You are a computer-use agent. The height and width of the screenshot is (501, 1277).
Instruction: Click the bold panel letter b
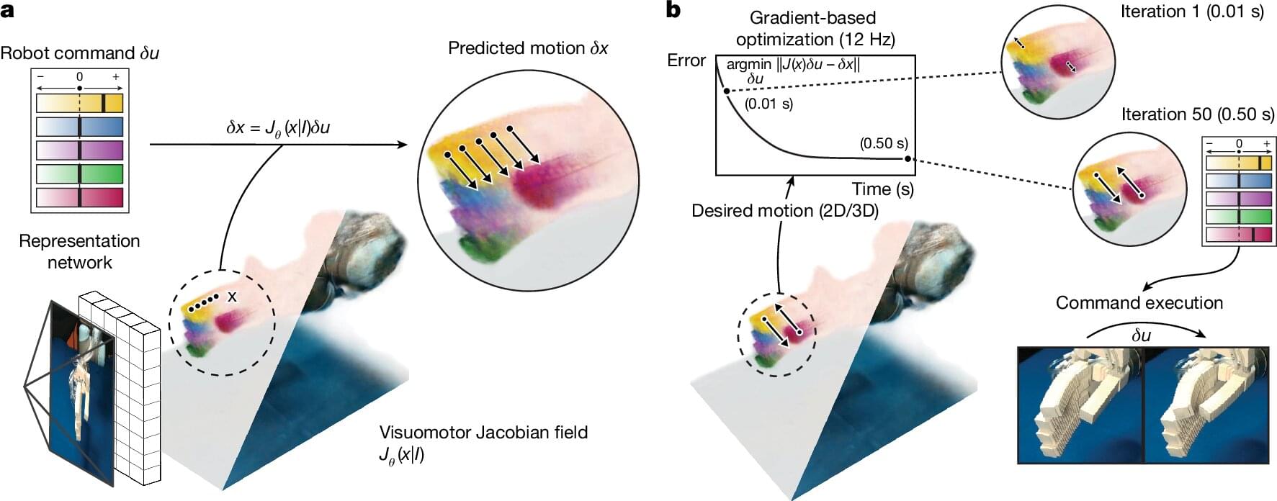point(674,10)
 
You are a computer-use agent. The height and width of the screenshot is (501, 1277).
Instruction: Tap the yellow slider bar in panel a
point(79,103)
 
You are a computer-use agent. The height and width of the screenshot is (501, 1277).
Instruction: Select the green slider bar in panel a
point(79,173)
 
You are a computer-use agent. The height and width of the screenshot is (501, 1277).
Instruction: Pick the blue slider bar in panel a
point(79,127)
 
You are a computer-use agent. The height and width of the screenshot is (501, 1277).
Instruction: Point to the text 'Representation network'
point(79,251)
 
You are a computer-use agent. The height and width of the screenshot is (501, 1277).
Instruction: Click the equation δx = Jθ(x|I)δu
point(278,128)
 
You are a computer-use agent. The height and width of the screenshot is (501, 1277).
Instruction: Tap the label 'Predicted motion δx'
point(528,48)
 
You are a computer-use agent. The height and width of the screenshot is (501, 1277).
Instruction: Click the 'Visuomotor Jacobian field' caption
point(483,433)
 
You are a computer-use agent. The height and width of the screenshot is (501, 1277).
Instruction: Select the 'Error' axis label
point(686,60)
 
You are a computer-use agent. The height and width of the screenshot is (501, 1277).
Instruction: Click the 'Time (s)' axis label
point(882,189)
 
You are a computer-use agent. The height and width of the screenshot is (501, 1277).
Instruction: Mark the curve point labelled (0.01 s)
point(726,91)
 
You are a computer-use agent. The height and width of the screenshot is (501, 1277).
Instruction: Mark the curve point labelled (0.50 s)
point(908,158)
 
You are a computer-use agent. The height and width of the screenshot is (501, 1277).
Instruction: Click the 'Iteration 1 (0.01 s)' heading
point(1192,12)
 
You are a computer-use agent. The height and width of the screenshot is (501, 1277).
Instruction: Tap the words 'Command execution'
point(1139,302)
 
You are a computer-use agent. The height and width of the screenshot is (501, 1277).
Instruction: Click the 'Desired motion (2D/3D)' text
point(784,211)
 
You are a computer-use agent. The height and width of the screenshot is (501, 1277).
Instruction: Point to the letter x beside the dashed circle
point(232,297)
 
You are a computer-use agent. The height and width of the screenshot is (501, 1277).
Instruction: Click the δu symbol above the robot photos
point(1141,335)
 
